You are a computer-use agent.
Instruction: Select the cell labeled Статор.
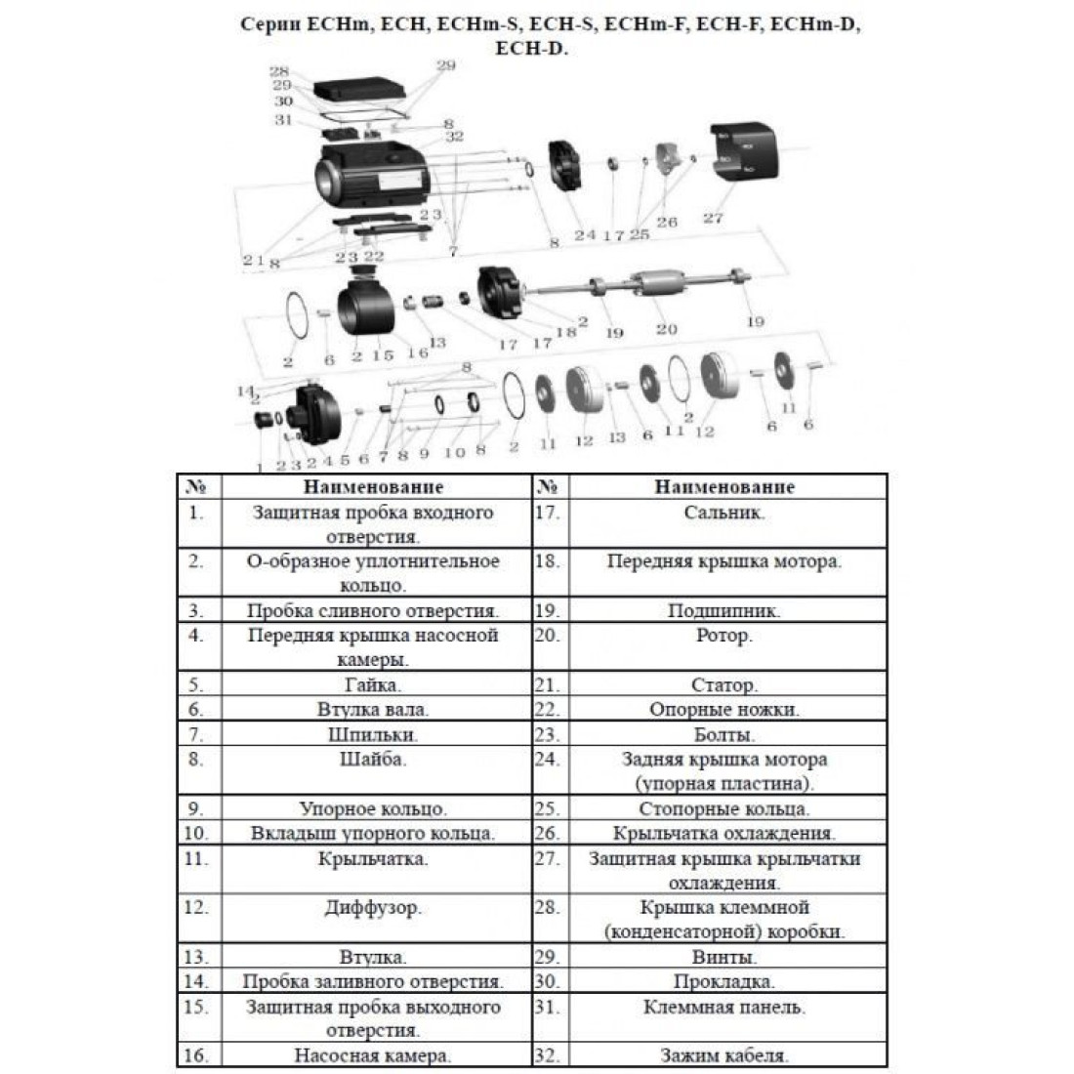[724, 684]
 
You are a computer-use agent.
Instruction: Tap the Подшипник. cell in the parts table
[724, 610]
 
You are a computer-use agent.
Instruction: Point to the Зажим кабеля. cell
[724, 1054]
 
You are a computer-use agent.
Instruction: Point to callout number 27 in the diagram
[713, 219]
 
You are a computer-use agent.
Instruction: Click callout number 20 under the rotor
[667, 329]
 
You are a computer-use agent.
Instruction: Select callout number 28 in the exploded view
[279, 71]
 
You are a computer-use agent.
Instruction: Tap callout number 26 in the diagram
[667, 222]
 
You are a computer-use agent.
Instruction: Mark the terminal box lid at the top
[359, 89]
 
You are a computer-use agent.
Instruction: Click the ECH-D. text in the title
[531, 49]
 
